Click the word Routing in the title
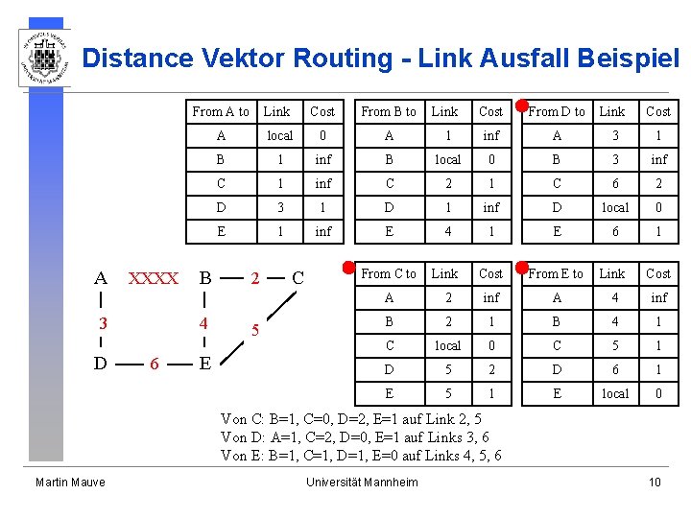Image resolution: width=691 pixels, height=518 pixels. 344,59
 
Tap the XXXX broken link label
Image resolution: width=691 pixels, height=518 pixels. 153,279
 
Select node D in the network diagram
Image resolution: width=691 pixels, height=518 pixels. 101,364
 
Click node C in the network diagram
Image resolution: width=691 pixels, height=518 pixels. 298,278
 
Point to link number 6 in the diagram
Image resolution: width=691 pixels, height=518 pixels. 154,365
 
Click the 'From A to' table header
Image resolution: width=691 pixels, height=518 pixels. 221,112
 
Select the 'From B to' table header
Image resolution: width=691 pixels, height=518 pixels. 389,112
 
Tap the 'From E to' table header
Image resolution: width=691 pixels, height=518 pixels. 556,273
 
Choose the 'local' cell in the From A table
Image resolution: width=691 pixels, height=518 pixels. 279,136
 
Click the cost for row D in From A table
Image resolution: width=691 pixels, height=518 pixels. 323,207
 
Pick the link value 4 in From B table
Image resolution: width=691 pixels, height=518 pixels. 447,231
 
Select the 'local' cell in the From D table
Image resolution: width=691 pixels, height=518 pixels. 614,207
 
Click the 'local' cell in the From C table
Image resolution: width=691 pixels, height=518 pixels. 447,345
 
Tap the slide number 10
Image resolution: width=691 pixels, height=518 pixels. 655,482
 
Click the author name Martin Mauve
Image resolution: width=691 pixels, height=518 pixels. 70,482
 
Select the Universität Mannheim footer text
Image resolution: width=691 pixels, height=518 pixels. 362,482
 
